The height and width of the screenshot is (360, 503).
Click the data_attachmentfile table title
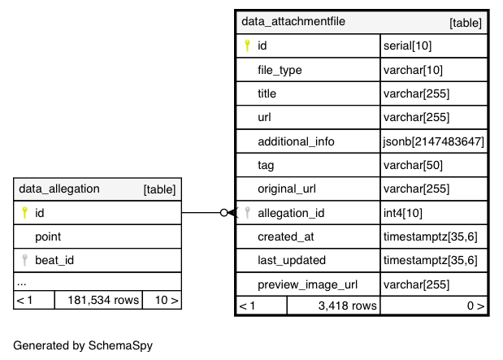point(293,21)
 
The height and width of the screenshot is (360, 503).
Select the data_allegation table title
point(59,189)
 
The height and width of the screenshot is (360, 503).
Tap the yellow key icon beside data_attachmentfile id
point(247,46)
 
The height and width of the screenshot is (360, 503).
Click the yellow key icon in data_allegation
point(24,213)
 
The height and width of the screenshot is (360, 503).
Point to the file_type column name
point(280,70)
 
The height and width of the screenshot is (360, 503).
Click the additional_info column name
point(296,141)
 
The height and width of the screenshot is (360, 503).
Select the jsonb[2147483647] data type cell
point(434,141)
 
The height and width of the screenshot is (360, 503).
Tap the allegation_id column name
point(291,213)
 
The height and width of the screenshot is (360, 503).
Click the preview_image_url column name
point(308,284)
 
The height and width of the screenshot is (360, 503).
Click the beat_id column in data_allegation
point(55,260)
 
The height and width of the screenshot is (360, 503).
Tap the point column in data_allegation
point(48,236)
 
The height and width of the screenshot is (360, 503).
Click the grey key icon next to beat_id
point(24,260)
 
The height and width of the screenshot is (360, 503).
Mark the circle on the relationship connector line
point(224,213)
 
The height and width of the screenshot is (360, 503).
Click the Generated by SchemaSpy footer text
point(83,345)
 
